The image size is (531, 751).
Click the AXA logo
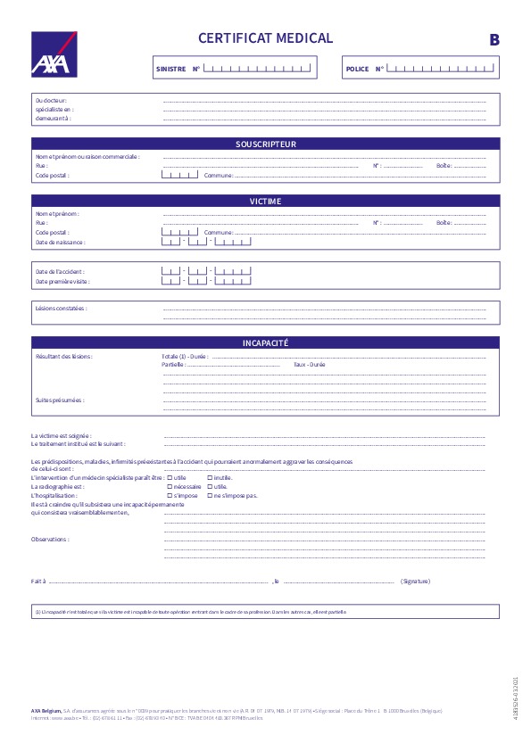click(x=54, y=54)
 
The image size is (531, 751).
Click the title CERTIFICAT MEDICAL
click(x=265, y=38)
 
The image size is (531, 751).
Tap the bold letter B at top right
click(x=494, y=40)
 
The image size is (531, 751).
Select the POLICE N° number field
click(x=441, y=68)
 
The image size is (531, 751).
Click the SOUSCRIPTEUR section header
click(x=265, y=144)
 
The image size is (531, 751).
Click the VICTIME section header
click(x=265, y=202)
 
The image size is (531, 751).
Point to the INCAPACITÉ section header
click(x=265, y=343)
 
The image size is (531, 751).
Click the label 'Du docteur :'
click(x=51, y=101)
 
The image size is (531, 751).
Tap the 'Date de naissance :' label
click(x=60, y=242)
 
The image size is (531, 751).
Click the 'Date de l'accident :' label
click(x=60, y=271)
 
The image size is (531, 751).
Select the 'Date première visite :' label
click(x=62, y=281)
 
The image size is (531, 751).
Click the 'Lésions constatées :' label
click(x=61, y=308)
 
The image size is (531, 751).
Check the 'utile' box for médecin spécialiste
click(x=170, y=478)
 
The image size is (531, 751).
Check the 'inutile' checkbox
click(x=210, y=478)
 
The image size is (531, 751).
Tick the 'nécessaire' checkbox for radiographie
click(x=170, y=487)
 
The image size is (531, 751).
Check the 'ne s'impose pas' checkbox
click(x=210, y=495)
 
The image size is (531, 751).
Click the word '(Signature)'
click(x=415, y=581)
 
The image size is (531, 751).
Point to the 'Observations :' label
click(x=50, y=539)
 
